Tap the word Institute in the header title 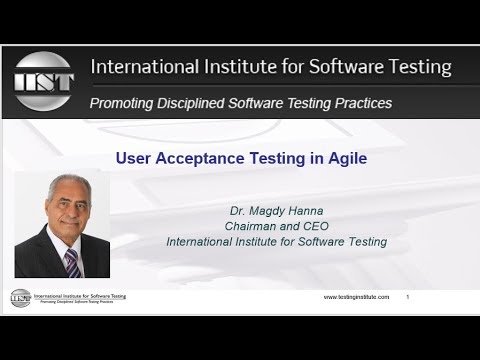(237, 68)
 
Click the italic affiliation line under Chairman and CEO (277, 241)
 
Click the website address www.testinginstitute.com (355, 298)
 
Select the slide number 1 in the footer (407, 298)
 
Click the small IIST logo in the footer (19, 297)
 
